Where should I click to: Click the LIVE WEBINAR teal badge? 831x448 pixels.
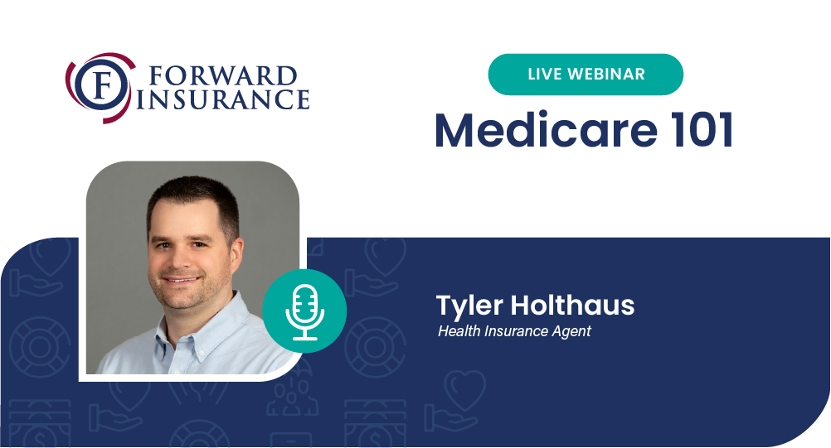coord(586,74)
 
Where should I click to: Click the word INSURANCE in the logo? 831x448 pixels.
coord(223,99)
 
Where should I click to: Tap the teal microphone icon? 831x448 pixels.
coord(304,311)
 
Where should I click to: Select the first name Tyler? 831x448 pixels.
coord(469,306)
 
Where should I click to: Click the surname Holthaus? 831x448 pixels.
coord(572,306)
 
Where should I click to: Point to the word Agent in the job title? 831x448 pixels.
coord(571,332)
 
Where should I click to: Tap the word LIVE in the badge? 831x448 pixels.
coord(544,74)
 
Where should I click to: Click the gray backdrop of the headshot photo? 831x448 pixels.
coord(270,211)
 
